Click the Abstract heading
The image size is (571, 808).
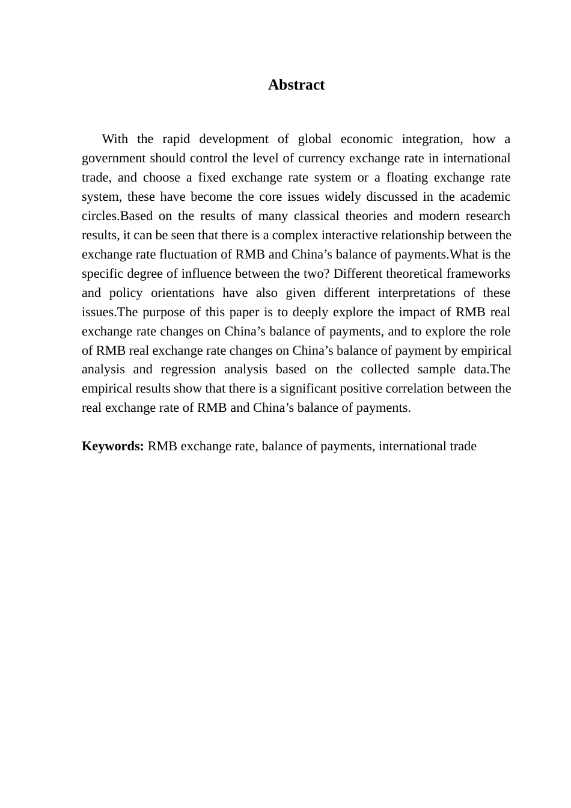pyautogui.click(x=296, y=85)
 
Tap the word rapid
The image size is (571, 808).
pyautogui.click(x=176, y=139)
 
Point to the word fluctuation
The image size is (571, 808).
pyautogui.click(x=194, y=255)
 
